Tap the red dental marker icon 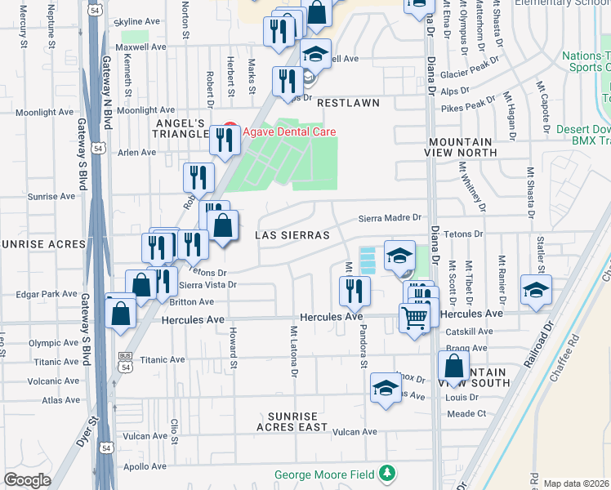click(229, 131)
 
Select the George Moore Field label click(324, 474)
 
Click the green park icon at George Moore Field click(386, 474)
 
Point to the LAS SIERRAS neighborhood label click(292, 235)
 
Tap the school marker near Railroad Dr click(535, 290)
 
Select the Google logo click(26, 480)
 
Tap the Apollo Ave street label click(145, 467)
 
